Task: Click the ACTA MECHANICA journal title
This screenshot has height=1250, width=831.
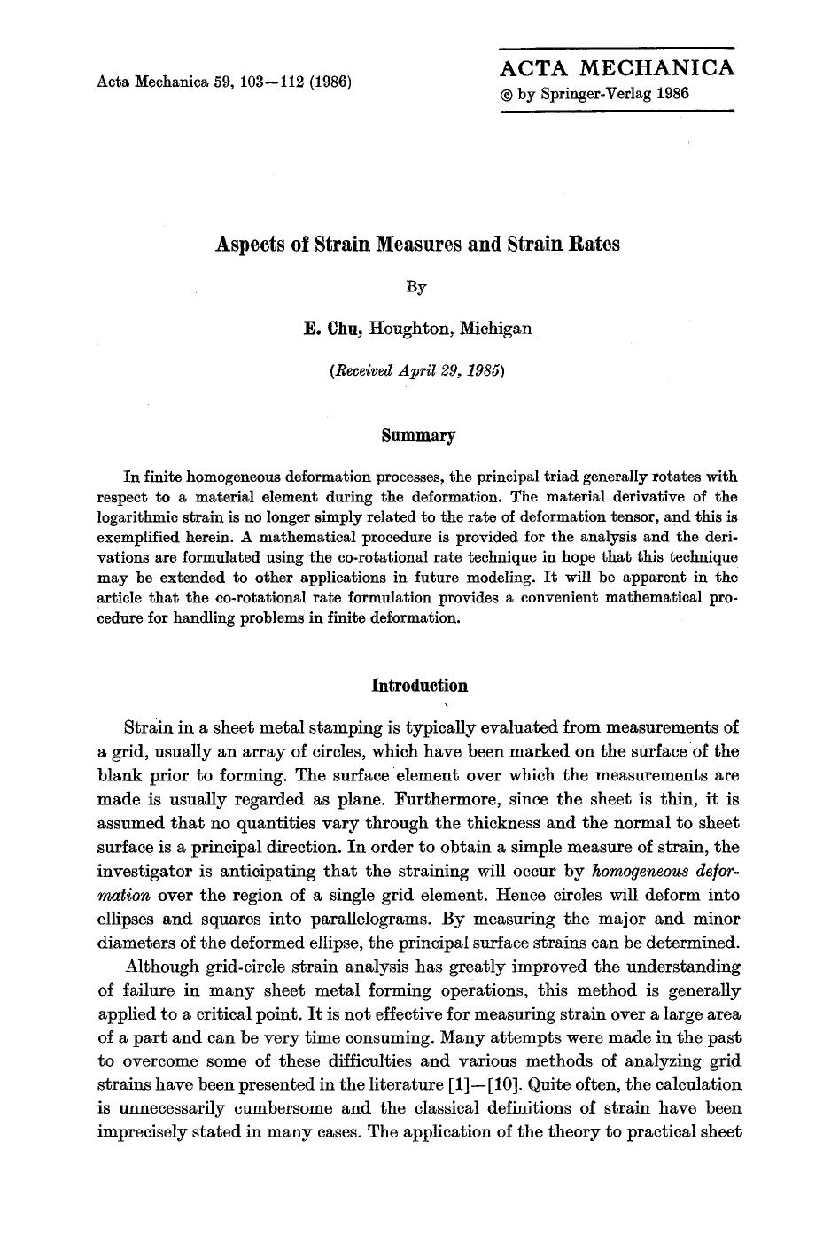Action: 617,68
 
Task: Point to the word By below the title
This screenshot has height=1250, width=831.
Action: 416,287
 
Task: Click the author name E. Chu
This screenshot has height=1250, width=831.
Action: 332,329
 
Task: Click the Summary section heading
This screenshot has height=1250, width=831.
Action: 417,435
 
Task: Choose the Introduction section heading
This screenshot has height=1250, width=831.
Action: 418,686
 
